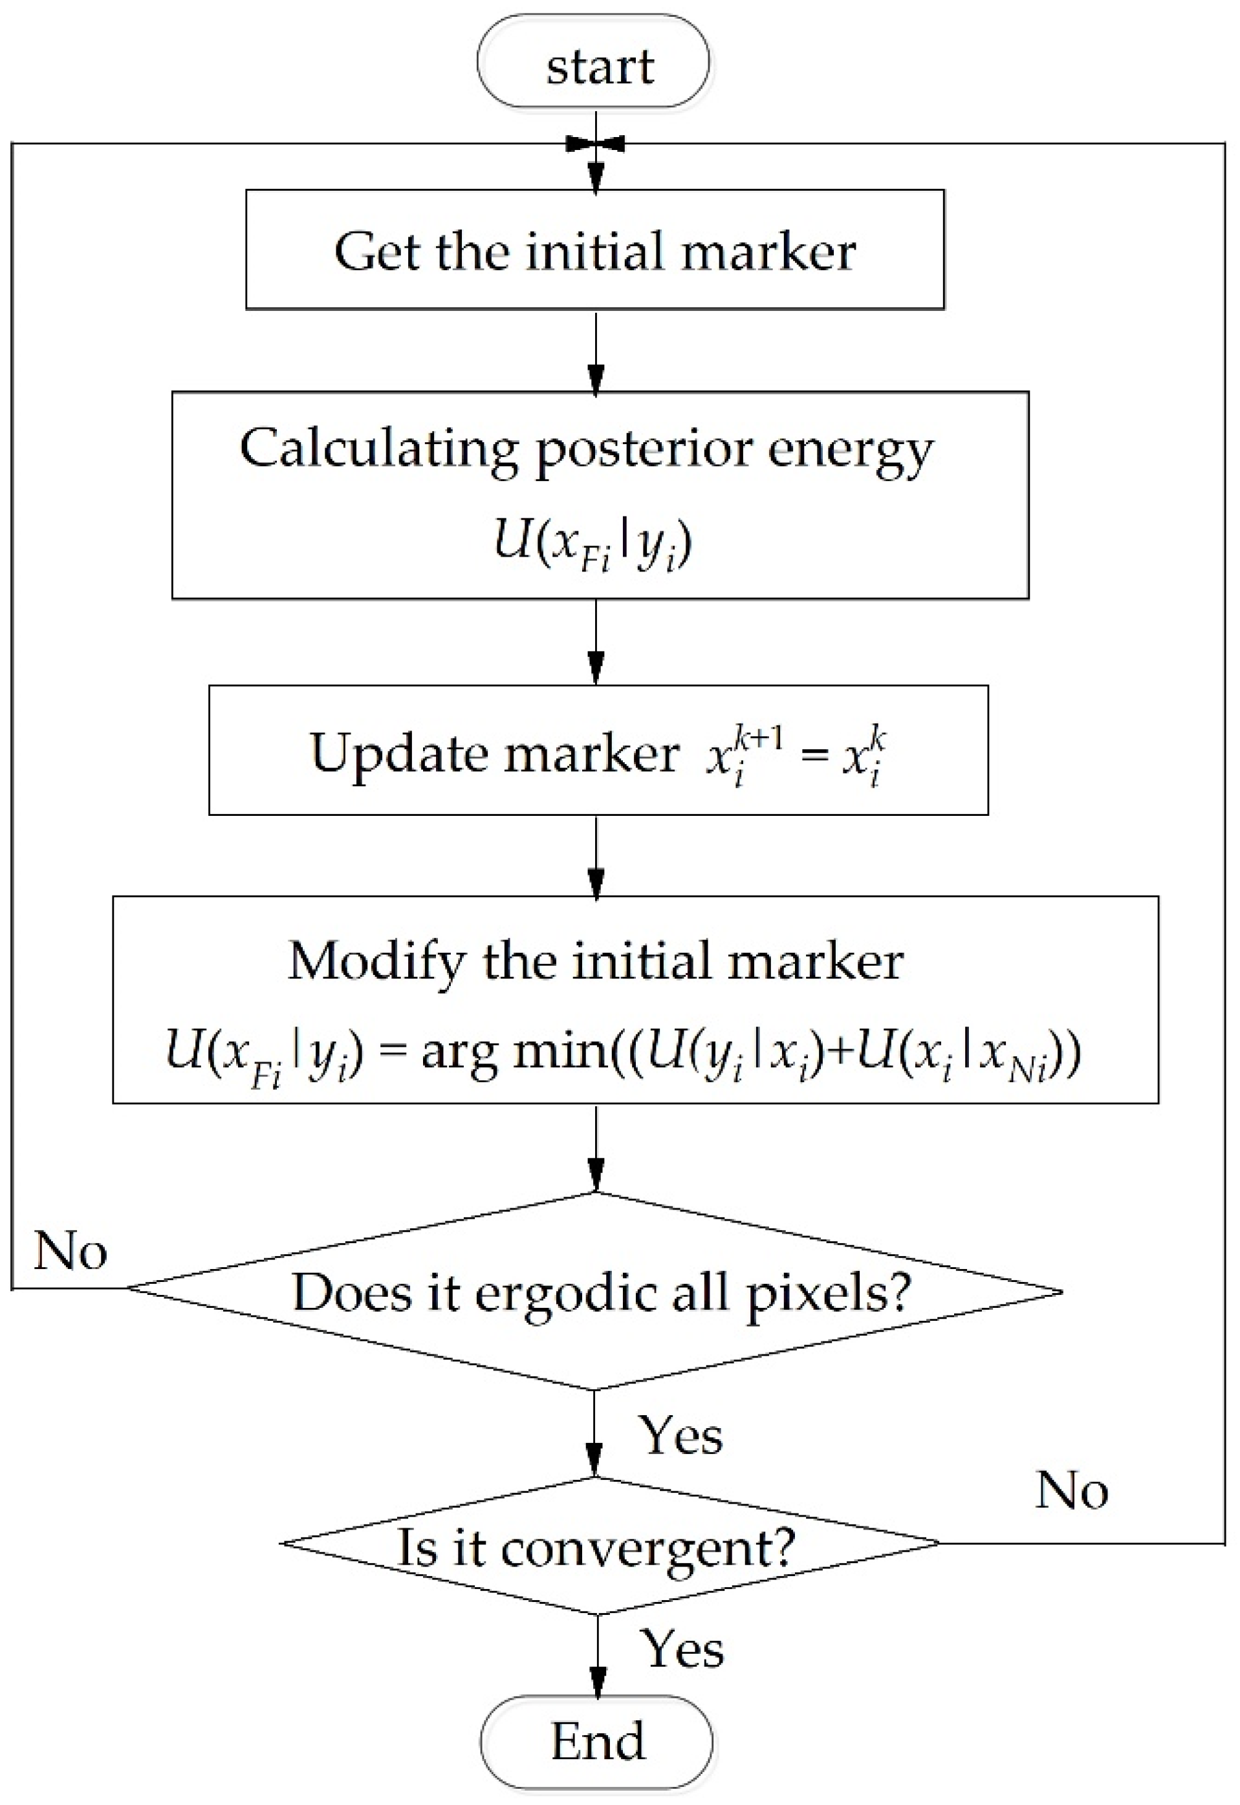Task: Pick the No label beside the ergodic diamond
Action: coord(70,1251)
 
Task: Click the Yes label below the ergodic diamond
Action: coord(680,1435)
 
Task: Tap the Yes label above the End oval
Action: coord(682,1650)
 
